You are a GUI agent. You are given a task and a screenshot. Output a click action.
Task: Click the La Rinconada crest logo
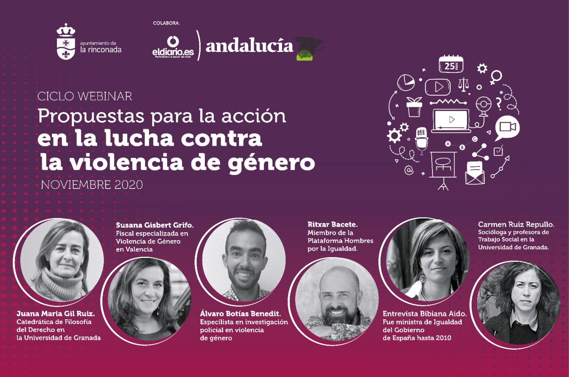pyautogui.click(x=66, y=41)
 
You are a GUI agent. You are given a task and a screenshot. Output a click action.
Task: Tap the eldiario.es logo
pyautogui.click(x=173, y=47)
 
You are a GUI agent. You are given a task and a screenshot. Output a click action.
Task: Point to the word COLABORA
pyautogui.click(x=166, y=23)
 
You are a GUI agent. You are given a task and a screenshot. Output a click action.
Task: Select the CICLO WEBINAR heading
pyautogui.click(x=85, y=96)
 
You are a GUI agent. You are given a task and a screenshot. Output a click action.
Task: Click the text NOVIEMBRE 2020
pyautogui.click(x=92, y=185)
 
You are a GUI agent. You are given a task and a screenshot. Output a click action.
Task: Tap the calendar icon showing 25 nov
pyautogui.click(x=451, y=64)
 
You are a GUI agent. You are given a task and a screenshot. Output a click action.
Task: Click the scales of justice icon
pyautogui.click(x=464, y=85)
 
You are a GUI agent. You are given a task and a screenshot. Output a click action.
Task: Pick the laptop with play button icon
pyautogui.click(x=451, y=121)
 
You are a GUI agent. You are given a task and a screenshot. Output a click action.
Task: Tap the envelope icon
pyautogui.click(x=475, y=173)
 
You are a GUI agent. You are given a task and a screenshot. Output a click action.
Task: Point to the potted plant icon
pyautogui.click(x=414, y=107)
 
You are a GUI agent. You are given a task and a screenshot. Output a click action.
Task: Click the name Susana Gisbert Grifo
pyautogui.click(x=155, y=225)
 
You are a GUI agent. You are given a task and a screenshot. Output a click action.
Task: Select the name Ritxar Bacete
pyautogui.click(x=333, y=224)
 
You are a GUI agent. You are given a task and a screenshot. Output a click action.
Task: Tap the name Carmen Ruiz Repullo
pyautogui.click(x=516, y=225)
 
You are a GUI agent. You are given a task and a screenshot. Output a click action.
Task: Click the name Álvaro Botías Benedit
pyautogui.click(x=240, y=314)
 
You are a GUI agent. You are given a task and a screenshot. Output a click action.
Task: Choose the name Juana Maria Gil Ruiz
pyautogui.click(x=56, y=314)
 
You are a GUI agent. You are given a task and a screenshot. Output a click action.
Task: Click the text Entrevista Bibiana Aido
pyautogui.click(x=425, y=314)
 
